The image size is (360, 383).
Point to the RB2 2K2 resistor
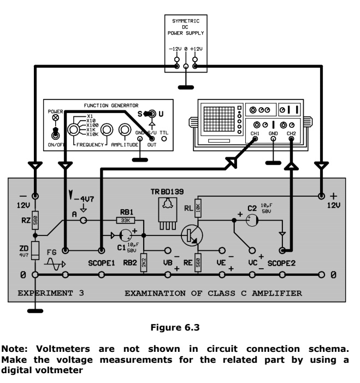click(x=143, y=261)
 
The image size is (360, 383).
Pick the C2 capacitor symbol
click(x=252, y=221)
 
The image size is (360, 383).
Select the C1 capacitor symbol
click(x=126, y=237)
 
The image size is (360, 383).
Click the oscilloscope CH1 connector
click(x=255, y=140)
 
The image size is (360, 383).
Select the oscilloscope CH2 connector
click(x=291, y=140)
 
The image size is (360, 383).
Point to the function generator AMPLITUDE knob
click(x=108, y=131)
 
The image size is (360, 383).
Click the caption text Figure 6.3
click(x=180, y=327)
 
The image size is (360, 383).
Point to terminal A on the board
click(x=84, y=221)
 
